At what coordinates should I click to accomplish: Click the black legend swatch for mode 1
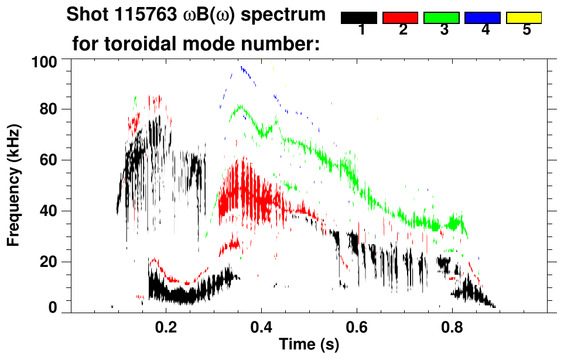(x=359, y=18)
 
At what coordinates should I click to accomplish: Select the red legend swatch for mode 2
(x=401, y=18)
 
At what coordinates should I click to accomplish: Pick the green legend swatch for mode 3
(x=442, y=18)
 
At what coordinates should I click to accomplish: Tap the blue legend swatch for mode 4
(x=483, y=18)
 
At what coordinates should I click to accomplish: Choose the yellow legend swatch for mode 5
(x=524, y=18)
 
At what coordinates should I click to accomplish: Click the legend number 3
(x=444, y=30)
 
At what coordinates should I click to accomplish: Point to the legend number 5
(x=527, y=30)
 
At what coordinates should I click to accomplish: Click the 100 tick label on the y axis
(x=45, y=61)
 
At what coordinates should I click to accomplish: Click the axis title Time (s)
(x=309, y=345)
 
